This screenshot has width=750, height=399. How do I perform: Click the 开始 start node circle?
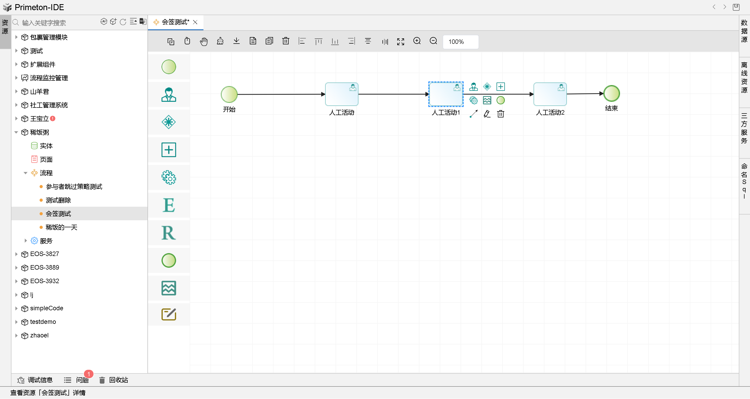click(x=229, y=94)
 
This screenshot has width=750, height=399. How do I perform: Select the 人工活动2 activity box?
click(x=550, y=94)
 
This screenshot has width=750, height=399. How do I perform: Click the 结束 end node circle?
click(x=611, y=93)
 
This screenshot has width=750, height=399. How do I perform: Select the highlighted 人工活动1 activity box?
click(x=445, y=94)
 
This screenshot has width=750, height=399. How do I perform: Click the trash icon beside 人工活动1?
click(x=500, y=114)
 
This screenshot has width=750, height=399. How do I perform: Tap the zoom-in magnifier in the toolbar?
click(x=417, y=41)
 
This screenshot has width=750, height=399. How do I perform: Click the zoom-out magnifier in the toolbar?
click(x=433, y=41)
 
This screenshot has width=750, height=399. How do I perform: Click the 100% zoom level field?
click(x=460, y=42)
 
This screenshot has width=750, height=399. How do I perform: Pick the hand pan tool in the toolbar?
click(x=204, y=41)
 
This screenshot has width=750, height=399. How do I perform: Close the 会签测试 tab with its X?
click(x=195, y=22)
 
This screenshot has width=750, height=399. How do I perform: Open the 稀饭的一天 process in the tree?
click(x=61, y=227)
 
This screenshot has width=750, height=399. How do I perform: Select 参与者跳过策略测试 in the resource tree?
click(x=74, y=187)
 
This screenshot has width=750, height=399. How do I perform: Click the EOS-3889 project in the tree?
click(x=45, y=267)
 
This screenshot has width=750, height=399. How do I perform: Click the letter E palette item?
click(x=169, y=205)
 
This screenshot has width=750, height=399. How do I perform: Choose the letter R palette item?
click(x=169, y=233)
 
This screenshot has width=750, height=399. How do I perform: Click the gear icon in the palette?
click(x=169, y=178)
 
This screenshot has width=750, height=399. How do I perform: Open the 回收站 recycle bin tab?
click(x=114, y=380)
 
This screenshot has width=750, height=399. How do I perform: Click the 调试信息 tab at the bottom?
click(x=35, y=380)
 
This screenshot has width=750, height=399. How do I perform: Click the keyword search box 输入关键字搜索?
click(x=58, y=23)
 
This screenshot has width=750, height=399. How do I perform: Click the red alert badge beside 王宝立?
click(x=53, y=118)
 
